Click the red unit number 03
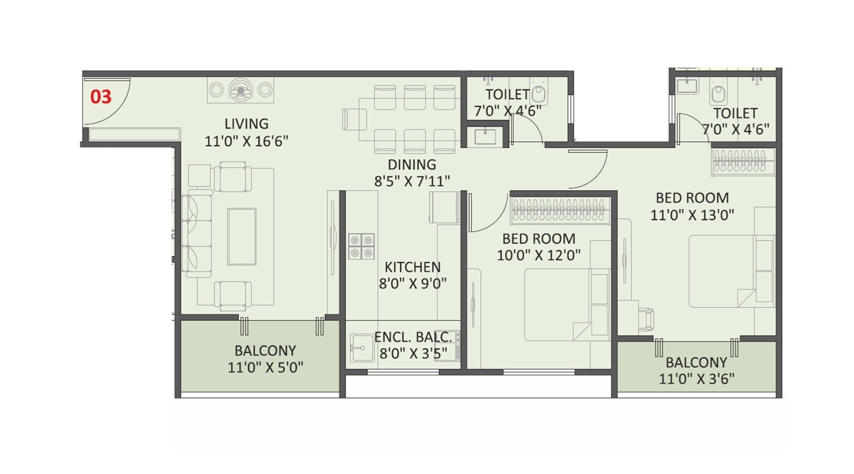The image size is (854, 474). tap(101, 97)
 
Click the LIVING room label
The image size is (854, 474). tap(246, 124)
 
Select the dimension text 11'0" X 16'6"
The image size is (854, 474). tap(246, 141)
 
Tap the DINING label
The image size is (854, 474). tap(412, 164)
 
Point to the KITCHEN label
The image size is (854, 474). tap(412, 267)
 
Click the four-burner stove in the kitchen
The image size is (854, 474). tap(361, 246)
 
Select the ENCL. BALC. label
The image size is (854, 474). tap(413, 337)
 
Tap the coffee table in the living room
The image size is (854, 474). tap(242, 236)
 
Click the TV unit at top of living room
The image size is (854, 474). tap(240, 90)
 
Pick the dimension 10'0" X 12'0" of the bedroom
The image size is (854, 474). tap(539, 255)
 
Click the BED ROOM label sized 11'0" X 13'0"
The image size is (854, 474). tap(692, 198)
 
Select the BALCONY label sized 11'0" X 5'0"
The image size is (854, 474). tap(265, 351)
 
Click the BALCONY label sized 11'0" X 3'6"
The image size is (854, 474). tap(696, 363)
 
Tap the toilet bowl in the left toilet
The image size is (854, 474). tap(538, 94)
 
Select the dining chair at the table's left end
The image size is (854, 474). tap(354, 119)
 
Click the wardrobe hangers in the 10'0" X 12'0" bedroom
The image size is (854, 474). tap(559, 210)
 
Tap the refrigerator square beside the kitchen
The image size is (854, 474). tap(444, 207)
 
